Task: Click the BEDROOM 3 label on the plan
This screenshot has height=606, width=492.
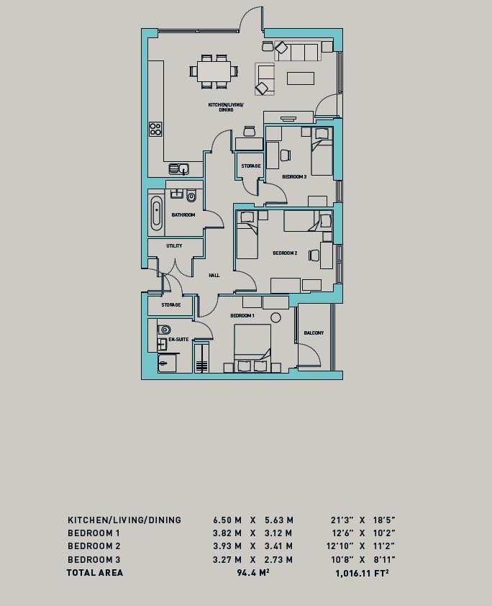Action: tap(294, 177)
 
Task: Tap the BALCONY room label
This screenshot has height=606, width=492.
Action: tap(314, 333)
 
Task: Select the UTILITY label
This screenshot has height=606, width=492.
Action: tap(174, 246)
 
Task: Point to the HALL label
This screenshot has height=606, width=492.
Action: tap(214, 275)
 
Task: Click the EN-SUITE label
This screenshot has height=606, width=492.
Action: tap(178, 338)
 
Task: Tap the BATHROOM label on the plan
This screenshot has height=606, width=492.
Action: tap(183, 214)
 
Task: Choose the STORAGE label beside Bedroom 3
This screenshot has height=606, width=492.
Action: tap(250, 166)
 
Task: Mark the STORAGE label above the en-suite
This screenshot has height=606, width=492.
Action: tap(170, 305)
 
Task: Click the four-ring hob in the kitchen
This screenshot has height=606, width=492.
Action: tap(155, 130)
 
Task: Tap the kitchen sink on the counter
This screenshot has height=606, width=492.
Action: tap(178, 169)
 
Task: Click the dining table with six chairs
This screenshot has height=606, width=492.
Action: tap(214, 71)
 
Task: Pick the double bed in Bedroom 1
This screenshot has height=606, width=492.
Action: tap(252, 346)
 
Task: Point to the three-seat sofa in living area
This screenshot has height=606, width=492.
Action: tap(298, 52)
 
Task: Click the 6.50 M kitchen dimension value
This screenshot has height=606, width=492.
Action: tap(227, 520)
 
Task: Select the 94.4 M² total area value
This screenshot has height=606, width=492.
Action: tap(252, 573)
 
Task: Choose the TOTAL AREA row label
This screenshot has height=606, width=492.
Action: tap(95, 573)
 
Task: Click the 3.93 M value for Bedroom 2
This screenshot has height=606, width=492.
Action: tap(227, 546)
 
